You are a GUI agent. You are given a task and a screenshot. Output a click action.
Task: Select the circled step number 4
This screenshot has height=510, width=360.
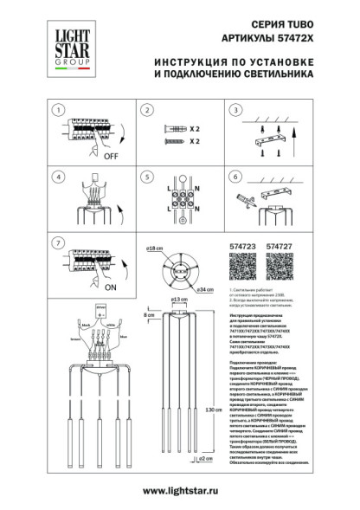point(58,178)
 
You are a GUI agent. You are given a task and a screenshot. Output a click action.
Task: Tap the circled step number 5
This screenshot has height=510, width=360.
point(148,178)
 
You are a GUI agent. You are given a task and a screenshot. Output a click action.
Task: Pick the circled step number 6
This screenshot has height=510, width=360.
point(234,178)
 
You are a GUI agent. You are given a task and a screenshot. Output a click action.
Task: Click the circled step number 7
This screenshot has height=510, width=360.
point(58,243)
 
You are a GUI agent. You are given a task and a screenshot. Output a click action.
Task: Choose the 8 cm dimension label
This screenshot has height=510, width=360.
point(151,314)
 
